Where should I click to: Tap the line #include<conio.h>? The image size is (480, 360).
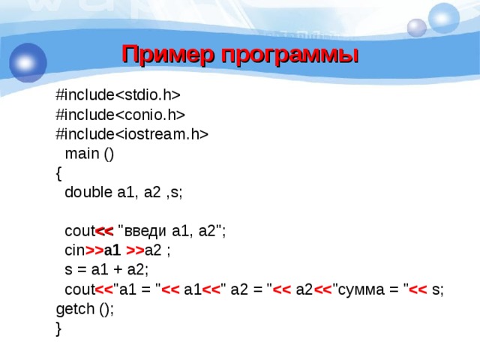point(121,114)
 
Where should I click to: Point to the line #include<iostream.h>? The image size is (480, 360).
point(132,133)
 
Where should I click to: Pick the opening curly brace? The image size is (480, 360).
point(59,172)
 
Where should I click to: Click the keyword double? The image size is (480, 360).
point(88,192)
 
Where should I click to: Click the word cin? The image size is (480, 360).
point(75,250)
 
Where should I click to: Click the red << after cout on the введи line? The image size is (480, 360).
point(103,231)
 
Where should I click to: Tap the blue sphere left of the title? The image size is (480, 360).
point(28,61)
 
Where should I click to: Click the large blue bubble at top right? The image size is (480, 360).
point(444,17)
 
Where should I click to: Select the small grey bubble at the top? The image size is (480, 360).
point(416,28)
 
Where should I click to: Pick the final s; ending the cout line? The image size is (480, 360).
point(438,289)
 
